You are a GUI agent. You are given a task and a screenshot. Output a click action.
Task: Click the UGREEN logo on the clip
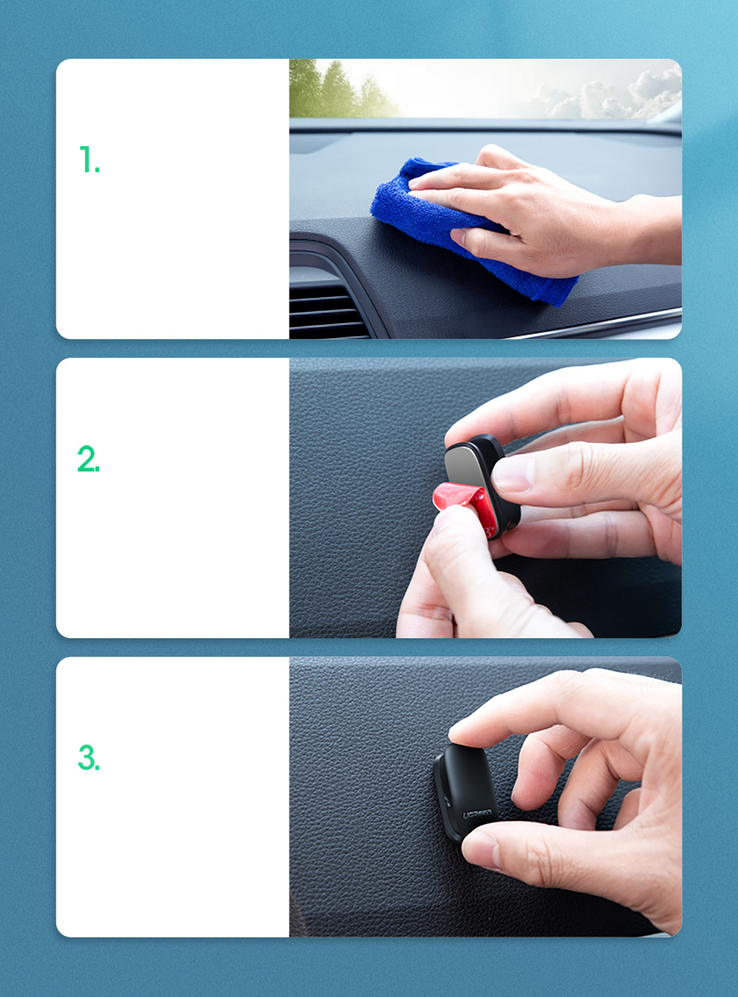[477, 814]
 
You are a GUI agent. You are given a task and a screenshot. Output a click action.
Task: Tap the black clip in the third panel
[465, 793]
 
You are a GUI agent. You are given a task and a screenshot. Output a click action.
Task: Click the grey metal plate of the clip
[467, 465]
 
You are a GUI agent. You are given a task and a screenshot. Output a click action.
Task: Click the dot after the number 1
[98, 170]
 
